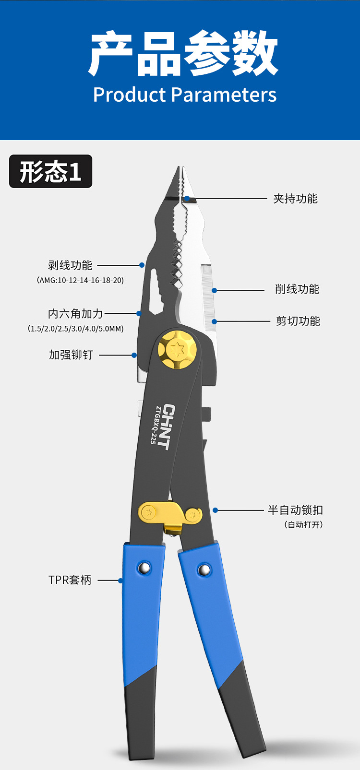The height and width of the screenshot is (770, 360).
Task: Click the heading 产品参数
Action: pyautogui.click(x=184, y=54)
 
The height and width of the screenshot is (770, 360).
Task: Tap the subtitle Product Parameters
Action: pyautogui.click(x=185, y=95)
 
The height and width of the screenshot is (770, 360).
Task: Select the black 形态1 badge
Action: pyautogui.click(x=51, y=171)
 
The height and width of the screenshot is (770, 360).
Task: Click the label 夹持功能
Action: pyautogui.click(x=295, y=199)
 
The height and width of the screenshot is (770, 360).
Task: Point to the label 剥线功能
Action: pyautogui.click(x=70, y=265)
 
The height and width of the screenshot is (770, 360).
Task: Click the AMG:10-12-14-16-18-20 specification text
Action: pyautogui.click(x=80, y=280)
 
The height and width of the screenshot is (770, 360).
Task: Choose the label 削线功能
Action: pyautogui.click(x=297, y=289)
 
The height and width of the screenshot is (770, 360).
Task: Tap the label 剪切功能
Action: pyautogui.click(x=298, y=321)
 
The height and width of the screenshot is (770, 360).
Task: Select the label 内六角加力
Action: pyautogui.click(x=75, y=314)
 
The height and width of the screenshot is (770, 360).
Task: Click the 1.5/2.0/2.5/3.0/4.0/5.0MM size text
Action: pyautogui.click(x=75, y=329)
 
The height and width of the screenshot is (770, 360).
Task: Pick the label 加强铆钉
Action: pyautogui.click(x=71, y=355)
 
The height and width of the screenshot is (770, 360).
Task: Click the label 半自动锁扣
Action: pyautogui.click(x=295, y=510)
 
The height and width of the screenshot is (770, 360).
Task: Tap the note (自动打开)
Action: pyautogui.click(x=303, y=524)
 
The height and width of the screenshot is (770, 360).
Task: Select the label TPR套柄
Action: pyautogui.click(x=70, y=580)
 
